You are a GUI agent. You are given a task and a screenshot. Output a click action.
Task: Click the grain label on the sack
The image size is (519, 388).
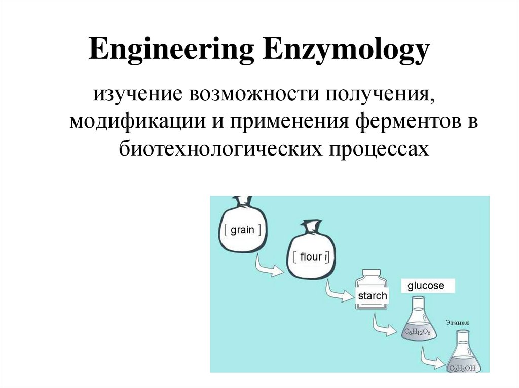242,230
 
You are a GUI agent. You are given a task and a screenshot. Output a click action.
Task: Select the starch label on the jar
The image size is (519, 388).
373,296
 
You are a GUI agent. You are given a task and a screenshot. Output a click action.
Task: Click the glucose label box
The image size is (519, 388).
426,286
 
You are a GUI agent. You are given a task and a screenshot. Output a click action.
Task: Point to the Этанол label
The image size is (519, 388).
458,322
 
